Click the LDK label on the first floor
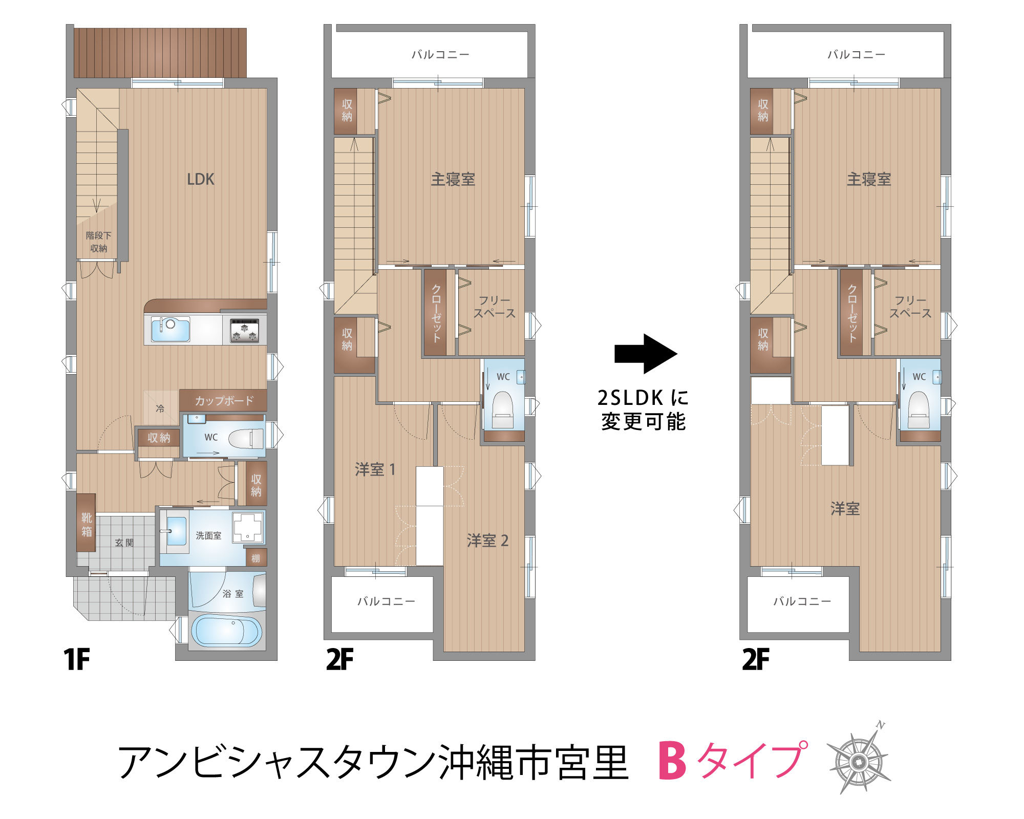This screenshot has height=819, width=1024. click(201, 179)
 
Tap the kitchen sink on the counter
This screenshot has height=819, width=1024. click(170, 329)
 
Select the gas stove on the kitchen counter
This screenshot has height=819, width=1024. click(244, 330)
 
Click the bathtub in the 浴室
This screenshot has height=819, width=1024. click(226, 631)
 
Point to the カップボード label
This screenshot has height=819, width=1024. click(224, 401)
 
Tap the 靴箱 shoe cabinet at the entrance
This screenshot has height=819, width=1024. click(87, 523)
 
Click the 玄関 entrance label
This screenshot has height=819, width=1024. click(124, 543)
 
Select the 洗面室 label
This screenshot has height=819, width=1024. click(208, 535)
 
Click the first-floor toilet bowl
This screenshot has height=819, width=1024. click(246, 439)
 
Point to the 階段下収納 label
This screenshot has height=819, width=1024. click(98, 242)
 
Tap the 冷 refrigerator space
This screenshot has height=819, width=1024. click(161, 408)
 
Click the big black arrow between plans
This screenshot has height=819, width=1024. click(646, 354)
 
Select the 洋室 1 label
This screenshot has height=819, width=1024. click(375, 469)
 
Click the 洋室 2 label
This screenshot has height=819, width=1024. click(487, 541)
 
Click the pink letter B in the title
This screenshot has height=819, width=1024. click(672, 761)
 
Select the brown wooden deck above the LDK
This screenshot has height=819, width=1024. click(160, 53)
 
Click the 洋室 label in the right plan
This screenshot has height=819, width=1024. click(845, 509)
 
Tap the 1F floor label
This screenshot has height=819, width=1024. click(77, 659)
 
